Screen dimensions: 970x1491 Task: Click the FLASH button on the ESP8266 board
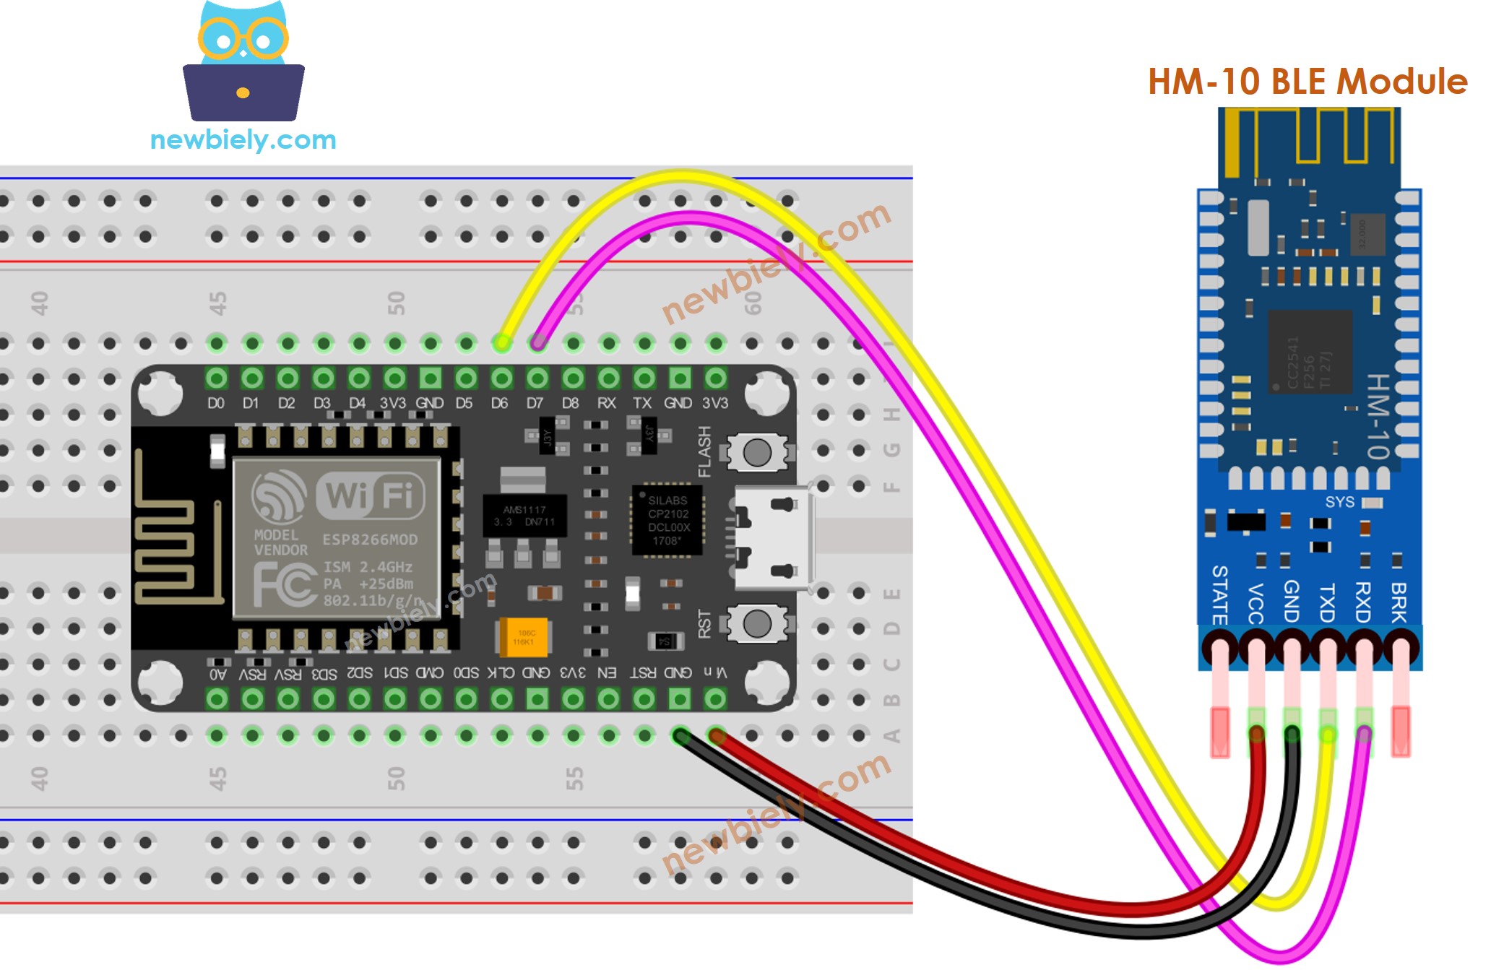point(757,453)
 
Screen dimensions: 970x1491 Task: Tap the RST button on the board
point(757,623)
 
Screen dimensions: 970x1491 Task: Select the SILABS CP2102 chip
point(667,520)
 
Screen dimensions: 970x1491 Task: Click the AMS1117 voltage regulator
point(524,516)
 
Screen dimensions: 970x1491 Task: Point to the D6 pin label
point(499,403)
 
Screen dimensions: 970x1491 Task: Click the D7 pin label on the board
point(535,403)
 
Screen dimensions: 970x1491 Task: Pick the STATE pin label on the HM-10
point(1219,595)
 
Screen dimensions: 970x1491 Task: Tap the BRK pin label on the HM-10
point(1399,602)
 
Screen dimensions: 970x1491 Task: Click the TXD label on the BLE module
point(1327,604)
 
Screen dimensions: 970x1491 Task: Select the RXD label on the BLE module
point(1362,602)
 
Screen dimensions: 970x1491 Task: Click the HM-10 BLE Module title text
point(1307,82)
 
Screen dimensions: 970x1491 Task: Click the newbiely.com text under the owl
point(243,139)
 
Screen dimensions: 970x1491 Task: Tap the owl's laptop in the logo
point(243,92)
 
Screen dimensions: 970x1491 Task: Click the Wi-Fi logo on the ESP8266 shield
point(370,496)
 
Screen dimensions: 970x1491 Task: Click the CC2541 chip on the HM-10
point(1310,352)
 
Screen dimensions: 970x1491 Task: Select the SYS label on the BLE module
point(1339,502)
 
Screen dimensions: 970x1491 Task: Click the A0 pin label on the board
point(217,674)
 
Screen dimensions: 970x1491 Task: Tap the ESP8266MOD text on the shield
point(370,540)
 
